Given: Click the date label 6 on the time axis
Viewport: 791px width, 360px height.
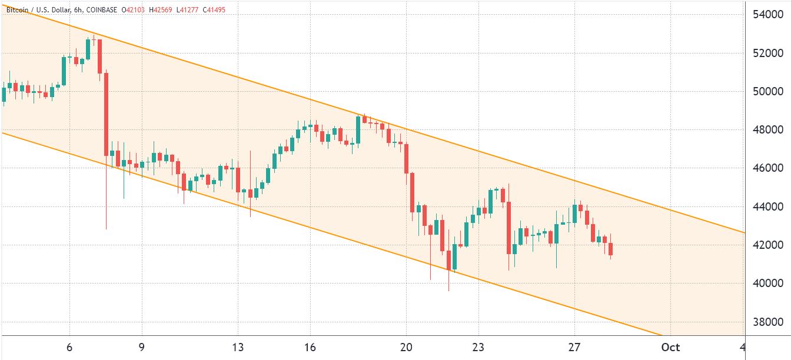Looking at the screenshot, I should [x=69, y=347].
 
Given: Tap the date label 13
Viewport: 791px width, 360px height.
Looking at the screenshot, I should [x=238, y=347].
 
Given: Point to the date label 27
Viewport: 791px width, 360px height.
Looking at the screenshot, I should [x=575, y=347].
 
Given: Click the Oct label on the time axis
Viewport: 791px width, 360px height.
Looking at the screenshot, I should [x=671, y=347].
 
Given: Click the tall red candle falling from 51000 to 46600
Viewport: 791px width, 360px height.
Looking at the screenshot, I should [x=107, y=114].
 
